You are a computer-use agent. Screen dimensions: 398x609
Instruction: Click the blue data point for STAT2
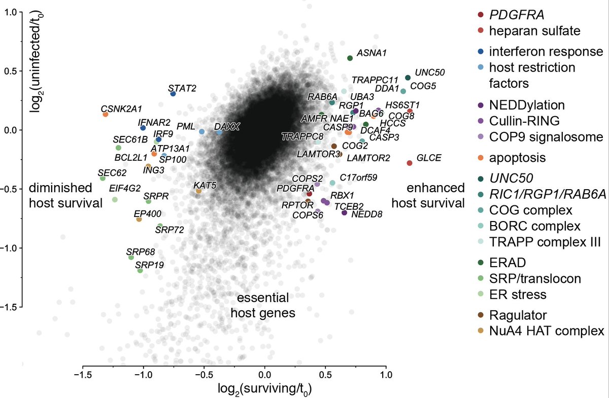[x=173, y=94]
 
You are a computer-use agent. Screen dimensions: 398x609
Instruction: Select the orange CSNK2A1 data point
[x=106, y=115]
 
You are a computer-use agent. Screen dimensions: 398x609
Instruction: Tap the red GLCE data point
[x=410, y=163]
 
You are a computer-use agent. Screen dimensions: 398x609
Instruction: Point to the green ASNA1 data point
[x=350, y=58]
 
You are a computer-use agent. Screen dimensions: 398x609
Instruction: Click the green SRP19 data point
[x=140, y=271]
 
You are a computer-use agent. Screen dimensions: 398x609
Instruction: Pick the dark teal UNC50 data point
[x=408, y=78]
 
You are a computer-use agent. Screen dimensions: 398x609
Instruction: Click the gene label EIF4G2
[x=125, y=189]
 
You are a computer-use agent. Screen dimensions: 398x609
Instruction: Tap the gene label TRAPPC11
[x=375, y=80]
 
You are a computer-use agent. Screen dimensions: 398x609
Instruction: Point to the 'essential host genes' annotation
[x=263, y=305]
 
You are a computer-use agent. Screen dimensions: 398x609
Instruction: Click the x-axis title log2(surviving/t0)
[x=264, y=389]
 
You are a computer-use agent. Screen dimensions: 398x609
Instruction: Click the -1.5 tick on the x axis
[x=83, y=376]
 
